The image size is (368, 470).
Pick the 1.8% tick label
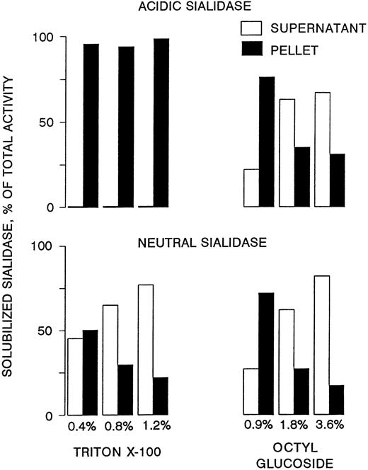296,427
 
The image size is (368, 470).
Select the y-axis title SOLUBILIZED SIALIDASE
12,233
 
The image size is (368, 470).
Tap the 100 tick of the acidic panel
48,36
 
